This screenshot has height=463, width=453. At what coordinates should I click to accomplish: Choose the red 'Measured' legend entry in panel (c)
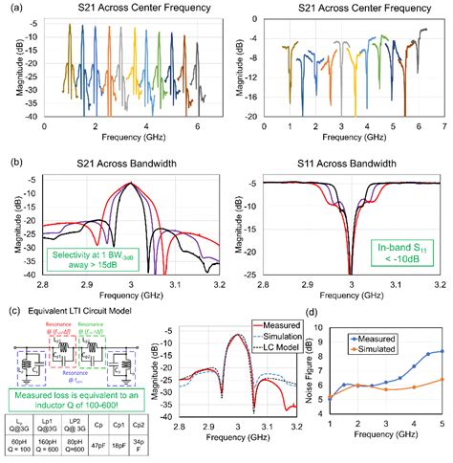point(277,323)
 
